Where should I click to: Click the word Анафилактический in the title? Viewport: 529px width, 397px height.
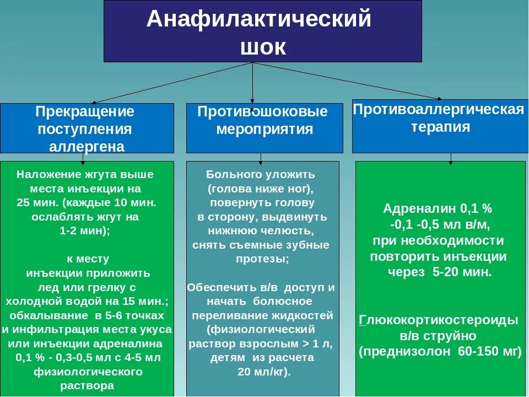click(259, 20)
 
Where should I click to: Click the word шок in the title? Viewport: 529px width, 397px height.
click(263, 47)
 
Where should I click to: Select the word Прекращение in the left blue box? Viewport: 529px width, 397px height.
click(85, 111)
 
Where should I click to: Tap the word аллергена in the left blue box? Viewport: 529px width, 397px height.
click(87, 147)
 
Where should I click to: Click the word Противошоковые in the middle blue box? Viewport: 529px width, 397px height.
click(262, 112)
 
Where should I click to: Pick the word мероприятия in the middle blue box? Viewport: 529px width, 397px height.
click(264, 130)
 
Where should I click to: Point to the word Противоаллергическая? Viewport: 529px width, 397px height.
click(439, 109)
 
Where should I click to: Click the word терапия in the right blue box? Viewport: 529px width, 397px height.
click(440, 127)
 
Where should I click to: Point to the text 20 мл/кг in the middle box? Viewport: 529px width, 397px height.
click(263, 372)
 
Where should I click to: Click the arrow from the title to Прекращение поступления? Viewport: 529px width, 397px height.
click(171, 83)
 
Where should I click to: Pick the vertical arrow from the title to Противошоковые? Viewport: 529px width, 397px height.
click(252, 83)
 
